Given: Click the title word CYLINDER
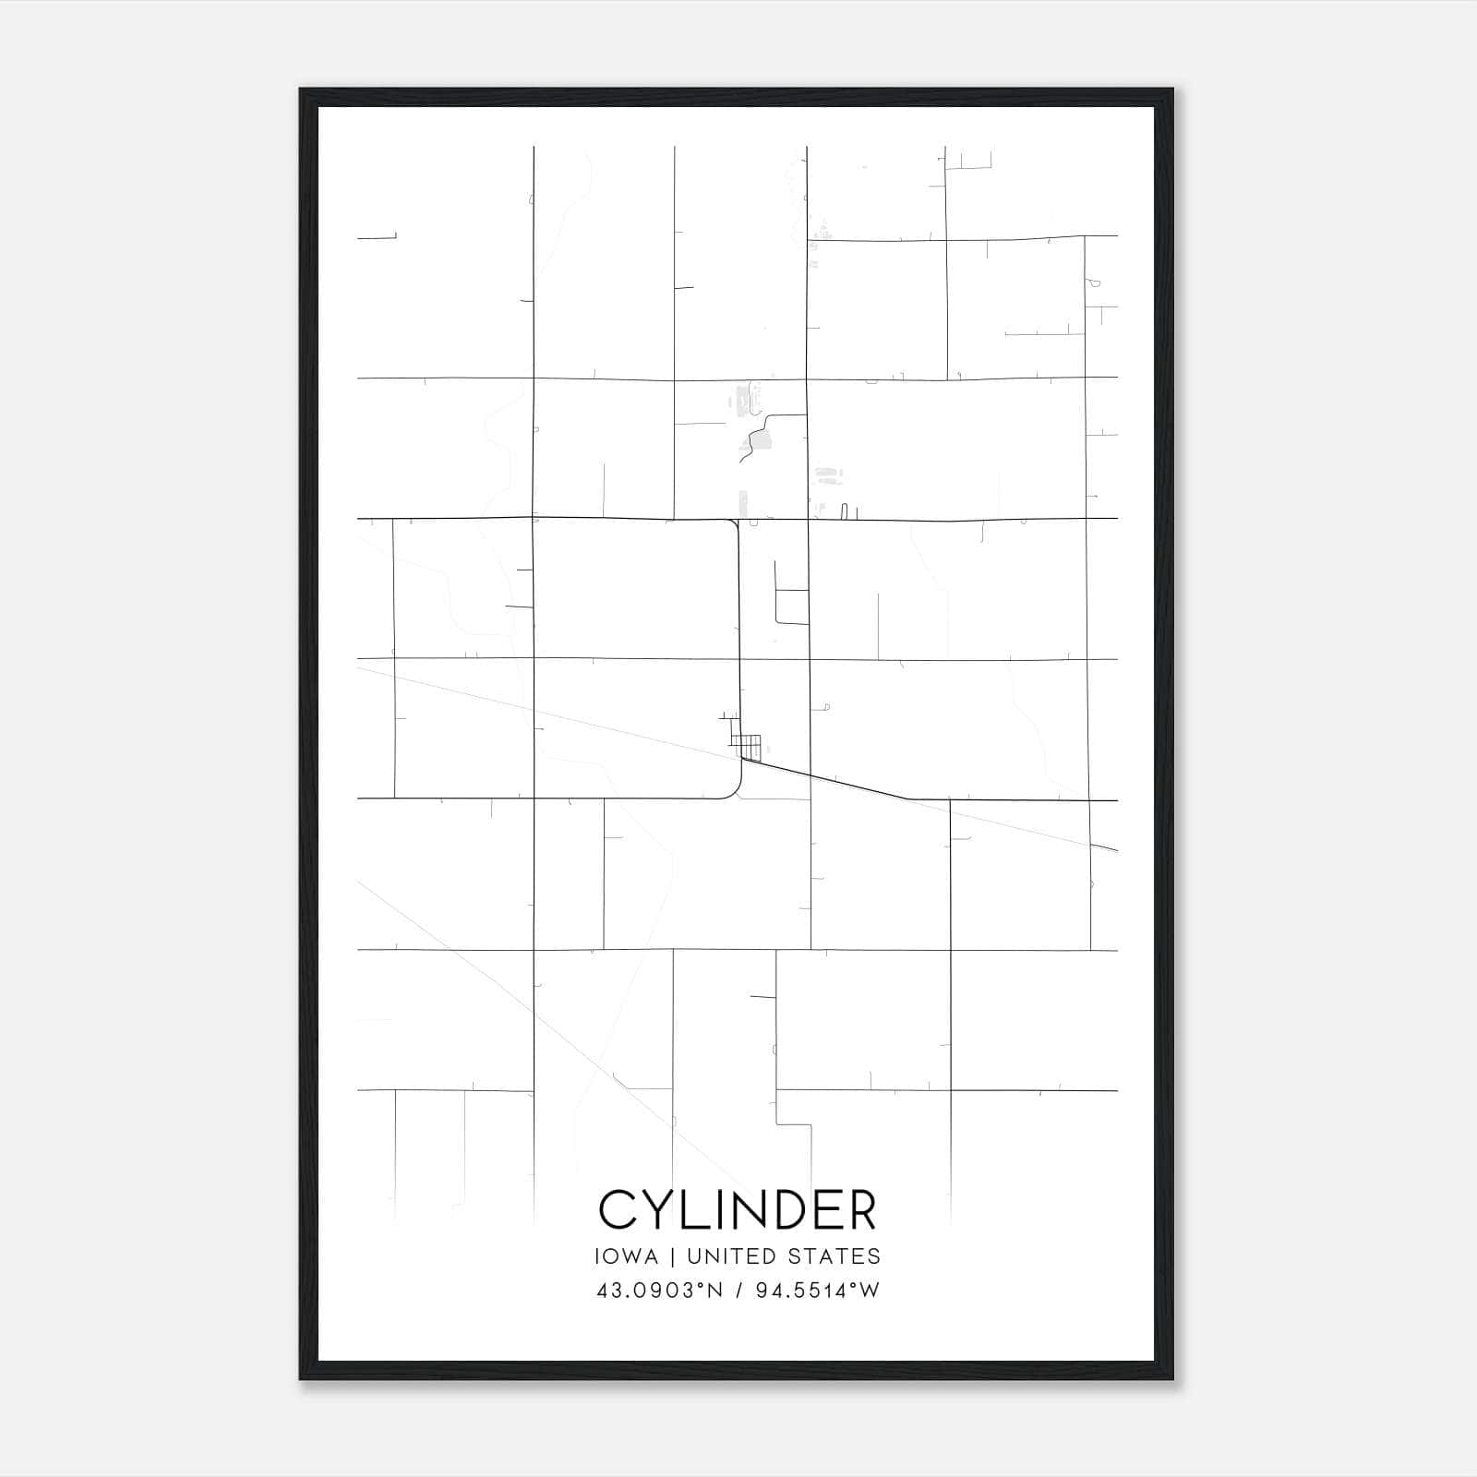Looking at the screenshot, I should pos(738,1209).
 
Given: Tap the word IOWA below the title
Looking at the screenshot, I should pos(627,1256).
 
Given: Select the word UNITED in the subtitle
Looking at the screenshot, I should pos(732,1256).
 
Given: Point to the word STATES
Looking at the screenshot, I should pos(835,1256).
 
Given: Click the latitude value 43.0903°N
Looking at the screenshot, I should pos(659,1291).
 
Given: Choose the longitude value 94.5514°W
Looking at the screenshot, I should pos(817,1291).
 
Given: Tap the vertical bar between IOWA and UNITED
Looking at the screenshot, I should pos(672,1256).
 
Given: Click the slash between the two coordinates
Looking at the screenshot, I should pos(738,1291).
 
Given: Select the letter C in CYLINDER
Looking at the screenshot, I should pos(618,1209).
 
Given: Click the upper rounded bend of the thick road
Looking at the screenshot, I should pos(735,524).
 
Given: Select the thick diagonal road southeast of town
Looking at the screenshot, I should pos(831,781).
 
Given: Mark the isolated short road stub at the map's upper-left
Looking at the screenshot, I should pos(377,237).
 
